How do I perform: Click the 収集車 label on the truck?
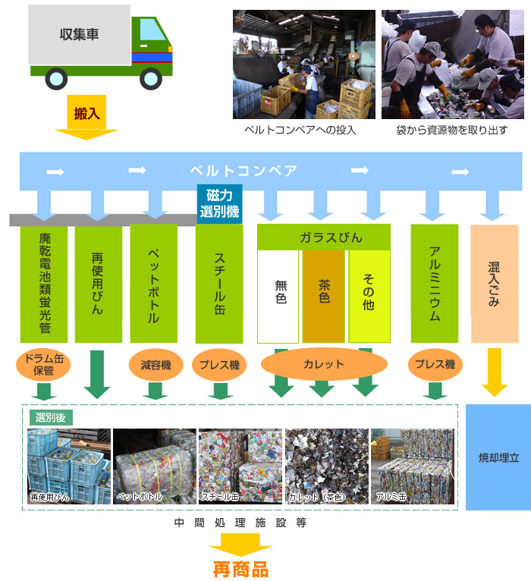pyautogui.click(x=79, y=34)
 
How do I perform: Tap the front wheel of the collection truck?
pyautogui.click(x=151, y=78)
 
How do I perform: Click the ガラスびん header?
pyautogui.click(x=324, y=237)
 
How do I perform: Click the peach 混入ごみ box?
pyautogui.click(x=494, y=282)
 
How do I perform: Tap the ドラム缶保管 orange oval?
pyautogui.click(x=43, y=365)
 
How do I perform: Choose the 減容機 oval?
pyautogui.click(x=155, y=365)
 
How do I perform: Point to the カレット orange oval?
pyautogui.click(x=324, y=364)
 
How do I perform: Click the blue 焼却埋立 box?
pyautogui.click(x=498, y=457)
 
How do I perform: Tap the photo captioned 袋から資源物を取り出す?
pyautogui.click(x=452, y=64)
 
